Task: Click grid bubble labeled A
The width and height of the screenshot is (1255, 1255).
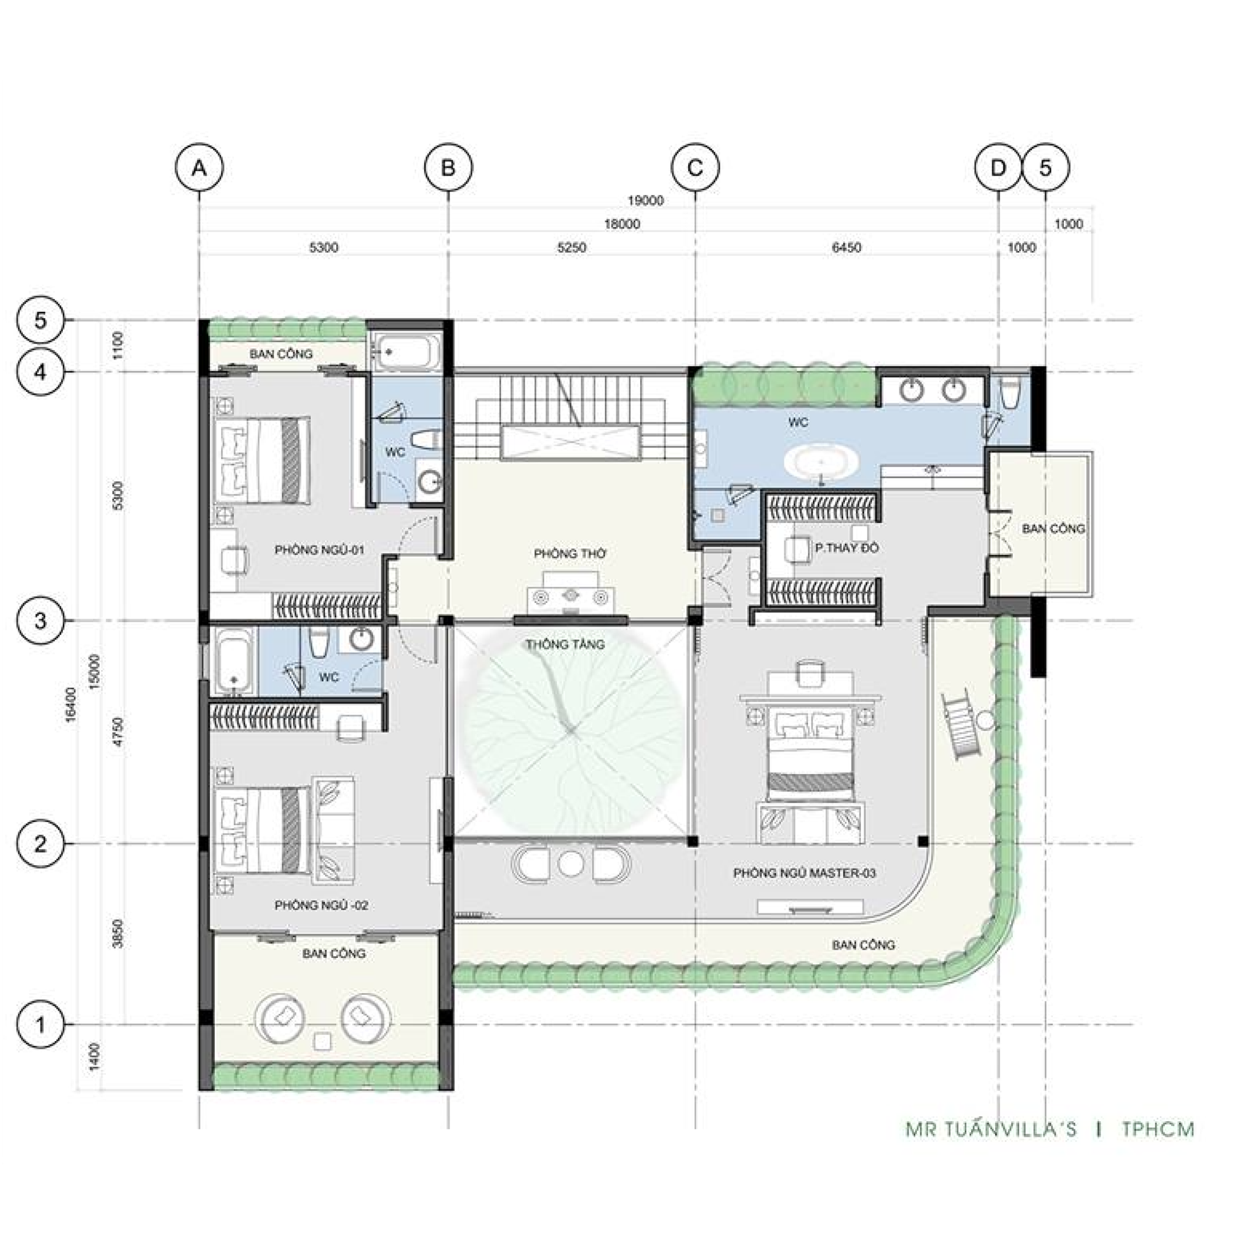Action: coord(199,167)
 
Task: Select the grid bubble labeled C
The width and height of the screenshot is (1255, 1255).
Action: coord(695,167)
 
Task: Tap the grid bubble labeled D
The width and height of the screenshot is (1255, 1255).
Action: coord(998,167)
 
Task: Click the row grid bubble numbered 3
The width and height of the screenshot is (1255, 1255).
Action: coord(40,620)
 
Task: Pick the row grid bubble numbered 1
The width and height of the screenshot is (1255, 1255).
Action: coord(40,1024)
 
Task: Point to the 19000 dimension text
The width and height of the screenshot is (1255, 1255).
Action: coord(645,201)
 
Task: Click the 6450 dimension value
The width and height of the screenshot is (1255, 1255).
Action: coord(846,248)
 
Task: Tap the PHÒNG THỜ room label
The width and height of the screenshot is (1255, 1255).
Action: coord(570,554)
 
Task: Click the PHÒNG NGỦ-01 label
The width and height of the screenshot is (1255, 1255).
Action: coord(319,550)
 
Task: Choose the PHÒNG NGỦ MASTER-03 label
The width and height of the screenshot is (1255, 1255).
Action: coord(804,872)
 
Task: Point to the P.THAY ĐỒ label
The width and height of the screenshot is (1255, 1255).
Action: coord(846,548)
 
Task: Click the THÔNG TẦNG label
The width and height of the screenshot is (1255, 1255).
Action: coord(565,644)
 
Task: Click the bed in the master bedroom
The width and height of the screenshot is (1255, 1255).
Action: coord(811,756)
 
